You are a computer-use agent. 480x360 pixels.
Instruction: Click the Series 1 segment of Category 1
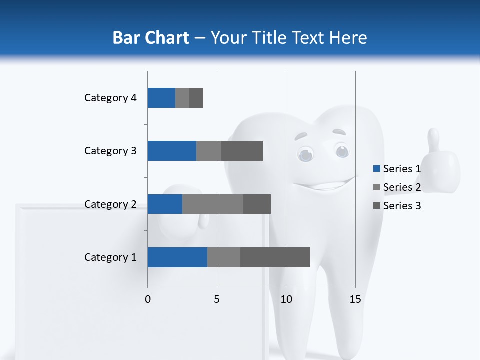coord(177,257)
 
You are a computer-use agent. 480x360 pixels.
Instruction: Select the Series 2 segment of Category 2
coord(213,204)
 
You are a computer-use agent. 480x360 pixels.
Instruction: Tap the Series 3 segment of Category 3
coord(242,151)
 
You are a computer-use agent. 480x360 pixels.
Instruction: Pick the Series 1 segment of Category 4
coord(161,98)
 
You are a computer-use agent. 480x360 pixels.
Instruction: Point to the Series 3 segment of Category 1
coord(275,257)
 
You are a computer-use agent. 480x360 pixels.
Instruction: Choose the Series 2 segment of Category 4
coord(182,98)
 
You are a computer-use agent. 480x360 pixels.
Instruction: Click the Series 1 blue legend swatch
coord(377,169)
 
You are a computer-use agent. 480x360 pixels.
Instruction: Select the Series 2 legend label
coord(402,187)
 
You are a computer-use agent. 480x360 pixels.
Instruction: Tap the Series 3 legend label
coord(402,206)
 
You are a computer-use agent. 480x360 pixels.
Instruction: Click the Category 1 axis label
coord(110,257)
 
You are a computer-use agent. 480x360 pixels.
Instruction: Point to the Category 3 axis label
coord(110,151)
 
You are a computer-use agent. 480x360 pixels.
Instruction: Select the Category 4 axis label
coord(110,98)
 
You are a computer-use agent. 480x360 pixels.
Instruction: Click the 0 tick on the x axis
coord(148,299)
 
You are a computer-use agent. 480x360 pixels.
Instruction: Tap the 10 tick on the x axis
coord(286,299)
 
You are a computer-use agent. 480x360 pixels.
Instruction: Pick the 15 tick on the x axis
coord(355,299)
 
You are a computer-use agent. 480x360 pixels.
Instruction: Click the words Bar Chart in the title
coord(151,38)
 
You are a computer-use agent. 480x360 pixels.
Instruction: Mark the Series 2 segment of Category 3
coord(209,151)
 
